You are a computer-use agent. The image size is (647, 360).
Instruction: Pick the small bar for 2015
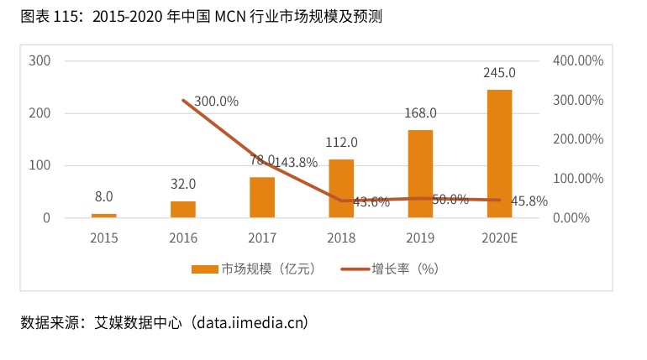104,216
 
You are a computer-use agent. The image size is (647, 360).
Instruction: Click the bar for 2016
183,209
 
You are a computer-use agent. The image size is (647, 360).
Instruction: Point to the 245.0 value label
499,73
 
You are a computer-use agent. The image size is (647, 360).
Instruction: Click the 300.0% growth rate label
216,102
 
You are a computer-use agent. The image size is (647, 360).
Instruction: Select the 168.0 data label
420,113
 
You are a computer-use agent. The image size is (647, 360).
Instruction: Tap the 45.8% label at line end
529,201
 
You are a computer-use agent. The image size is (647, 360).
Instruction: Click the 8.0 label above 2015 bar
104,197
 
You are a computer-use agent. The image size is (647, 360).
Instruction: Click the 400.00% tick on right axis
578,60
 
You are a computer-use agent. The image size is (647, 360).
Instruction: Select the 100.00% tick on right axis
578,179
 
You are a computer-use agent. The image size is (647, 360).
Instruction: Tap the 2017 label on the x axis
262,238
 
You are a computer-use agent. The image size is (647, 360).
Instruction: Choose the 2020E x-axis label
499,238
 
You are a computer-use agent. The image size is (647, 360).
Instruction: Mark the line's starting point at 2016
183,100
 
